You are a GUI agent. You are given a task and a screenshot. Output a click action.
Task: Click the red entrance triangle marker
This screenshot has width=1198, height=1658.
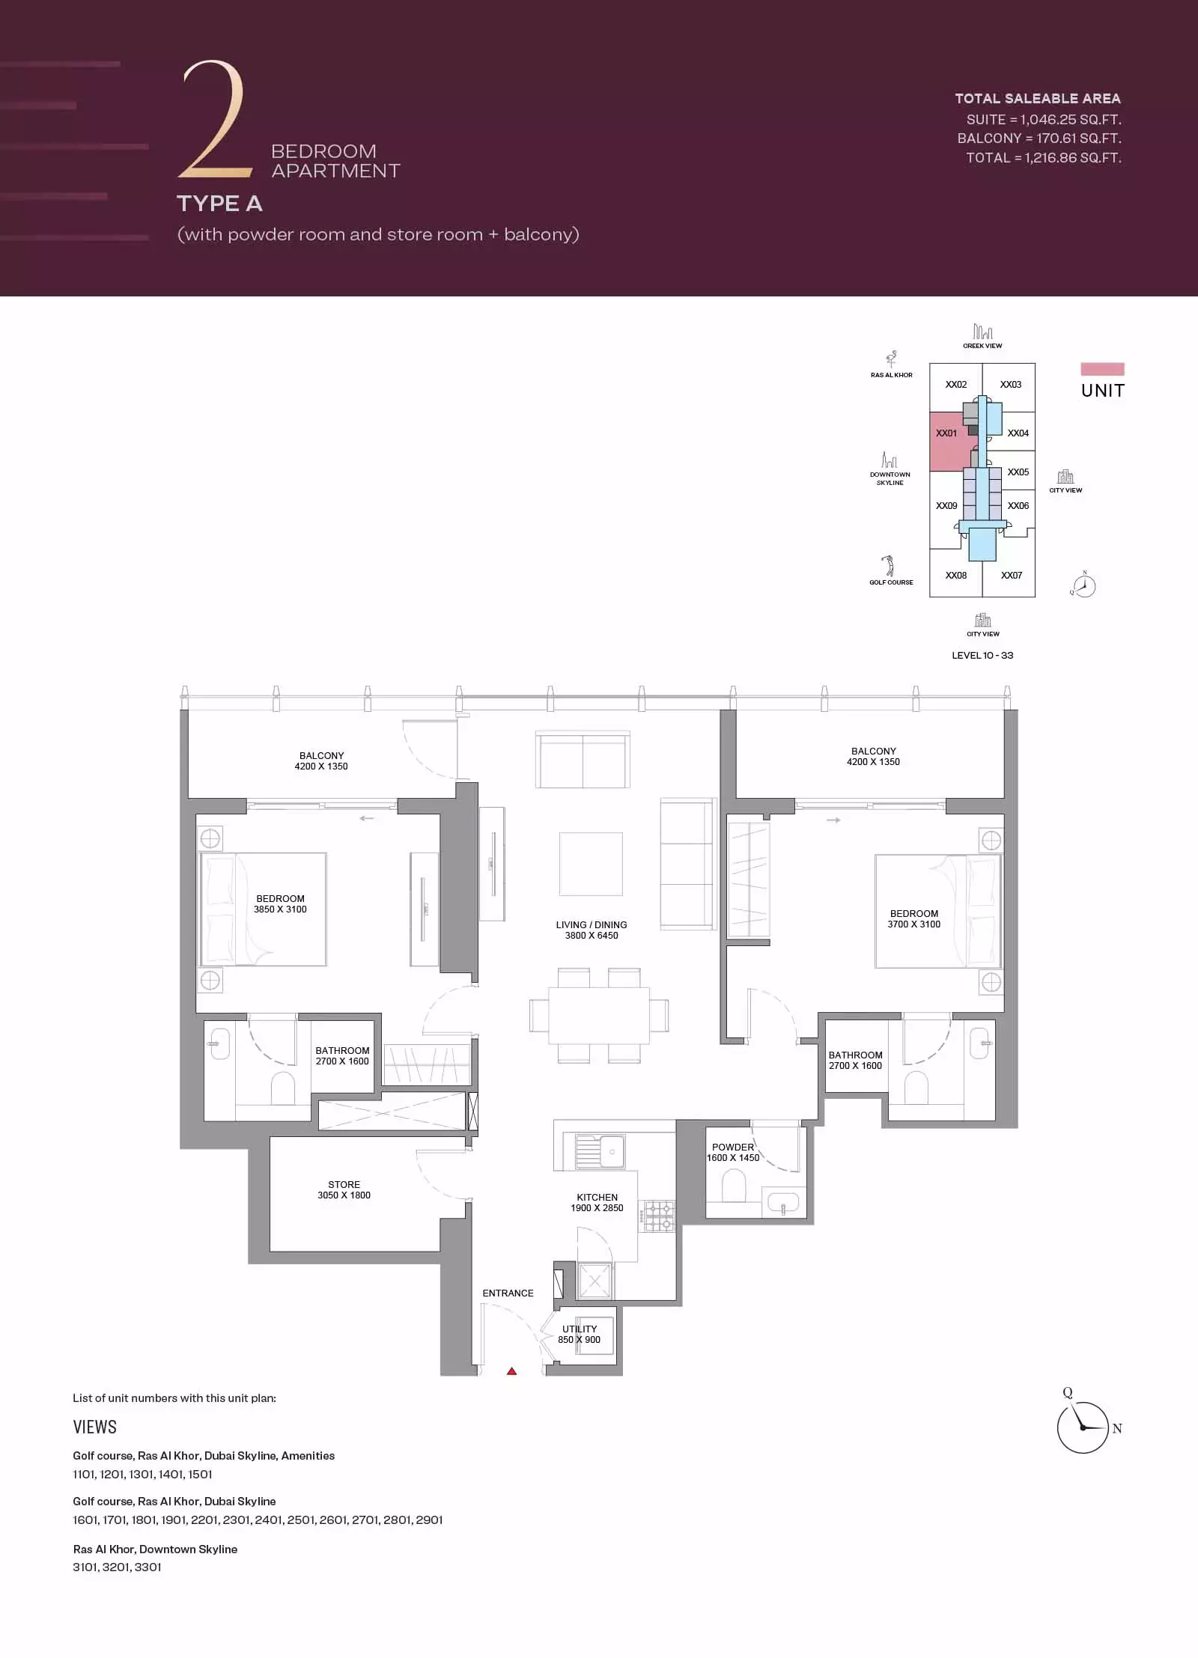tap(512, 1371)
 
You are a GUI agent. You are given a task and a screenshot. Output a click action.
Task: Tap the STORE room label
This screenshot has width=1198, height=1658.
tap(344, 1184)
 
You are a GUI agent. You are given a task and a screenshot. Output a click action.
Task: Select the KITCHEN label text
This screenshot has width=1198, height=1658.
tap(597, 1197)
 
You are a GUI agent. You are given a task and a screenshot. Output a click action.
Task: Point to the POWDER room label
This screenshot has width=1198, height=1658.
tap(733, 1147)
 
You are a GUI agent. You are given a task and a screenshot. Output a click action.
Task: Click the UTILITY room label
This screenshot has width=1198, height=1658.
tap(580, 1329)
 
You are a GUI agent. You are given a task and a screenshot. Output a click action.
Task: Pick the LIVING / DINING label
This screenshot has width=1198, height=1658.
tap(592, 924)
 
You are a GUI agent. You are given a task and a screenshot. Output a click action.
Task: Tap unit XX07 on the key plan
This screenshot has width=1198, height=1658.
tap(1012, 575)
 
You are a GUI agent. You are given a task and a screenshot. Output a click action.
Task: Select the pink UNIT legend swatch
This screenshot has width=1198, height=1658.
tap(1102, 369)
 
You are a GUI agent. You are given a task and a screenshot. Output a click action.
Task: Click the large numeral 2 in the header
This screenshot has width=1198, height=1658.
tap(214, 120)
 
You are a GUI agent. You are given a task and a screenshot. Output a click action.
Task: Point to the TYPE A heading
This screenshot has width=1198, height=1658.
tap(219, 204)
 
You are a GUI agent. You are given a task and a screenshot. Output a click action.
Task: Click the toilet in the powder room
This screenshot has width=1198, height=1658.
tap(733, 1185)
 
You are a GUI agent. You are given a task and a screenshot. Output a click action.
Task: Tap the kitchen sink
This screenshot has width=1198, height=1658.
tap(600, 1150)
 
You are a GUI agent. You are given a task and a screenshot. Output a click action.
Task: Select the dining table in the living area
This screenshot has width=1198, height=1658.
tap(599, 1016)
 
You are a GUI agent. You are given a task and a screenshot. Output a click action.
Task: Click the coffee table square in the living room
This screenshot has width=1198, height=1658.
tap(591, 864)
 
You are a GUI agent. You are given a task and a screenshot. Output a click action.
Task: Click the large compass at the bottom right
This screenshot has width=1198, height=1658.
tap(1082, 1427)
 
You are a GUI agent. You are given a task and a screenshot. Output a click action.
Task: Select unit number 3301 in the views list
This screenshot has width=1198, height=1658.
tap(148, 1567)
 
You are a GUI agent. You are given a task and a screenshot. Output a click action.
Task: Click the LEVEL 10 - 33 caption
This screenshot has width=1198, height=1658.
tap(982, 655)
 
